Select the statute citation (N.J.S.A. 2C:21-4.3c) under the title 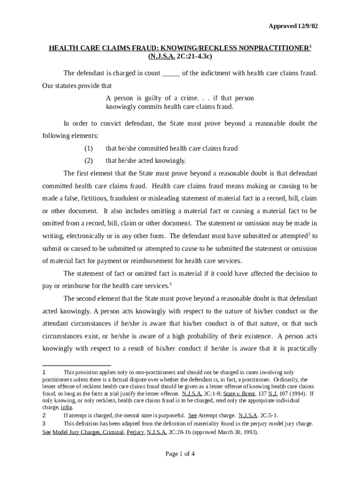180,57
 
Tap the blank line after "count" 171,73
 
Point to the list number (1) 89,148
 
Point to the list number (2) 89,160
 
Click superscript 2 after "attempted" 309,233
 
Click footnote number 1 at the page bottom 44,372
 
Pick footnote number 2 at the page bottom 44,415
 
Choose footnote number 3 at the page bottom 44,424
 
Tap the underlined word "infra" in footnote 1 66,407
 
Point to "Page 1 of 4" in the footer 180,454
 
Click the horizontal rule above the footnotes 77,365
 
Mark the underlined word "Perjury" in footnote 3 136,433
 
